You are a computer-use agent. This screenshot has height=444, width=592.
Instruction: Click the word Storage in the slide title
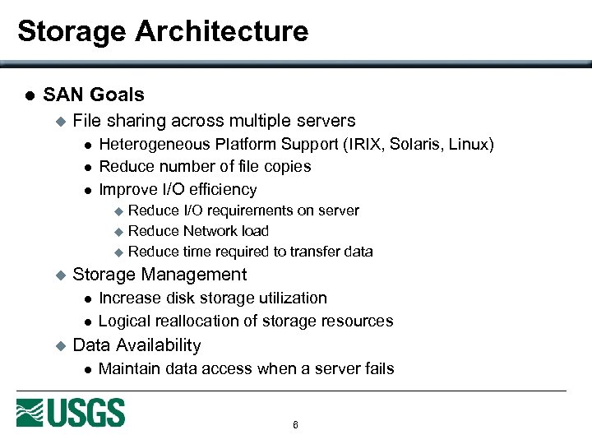72,31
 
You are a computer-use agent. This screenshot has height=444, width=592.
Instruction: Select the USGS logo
71,413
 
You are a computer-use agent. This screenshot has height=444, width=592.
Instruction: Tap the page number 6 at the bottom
295,425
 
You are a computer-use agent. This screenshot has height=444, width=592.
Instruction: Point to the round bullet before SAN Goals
29,95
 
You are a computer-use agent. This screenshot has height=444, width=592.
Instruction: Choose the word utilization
290,298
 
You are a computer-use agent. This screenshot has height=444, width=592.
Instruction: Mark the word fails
376,368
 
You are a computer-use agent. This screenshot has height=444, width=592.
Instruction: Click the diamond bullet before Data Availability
58,346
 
